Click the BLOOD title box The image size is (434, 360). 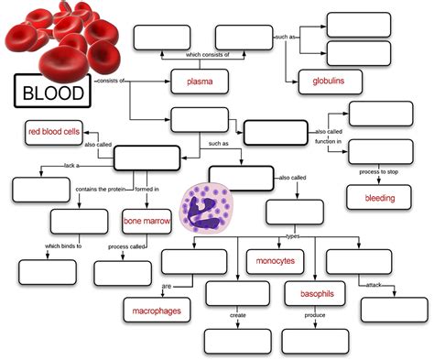coord(53,93)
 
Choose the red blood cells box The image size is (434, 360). coord(55,132)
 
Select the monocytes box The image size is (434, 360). coord(275,261)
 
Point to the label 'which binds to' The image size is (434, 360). coord(64,245)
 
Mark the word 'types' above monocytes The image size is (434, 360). coord(293,235)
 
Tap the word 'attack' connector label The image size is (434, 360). coord(373,285)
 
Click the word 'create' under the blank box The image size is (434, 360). coord(237,316)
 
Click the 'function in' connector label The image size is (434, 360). coord(328,142)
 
